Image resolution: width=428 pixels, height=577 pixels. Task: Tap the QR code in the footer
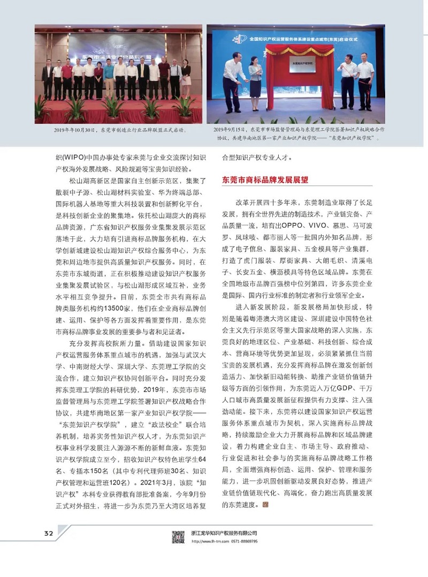click(x=178, y=536)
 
